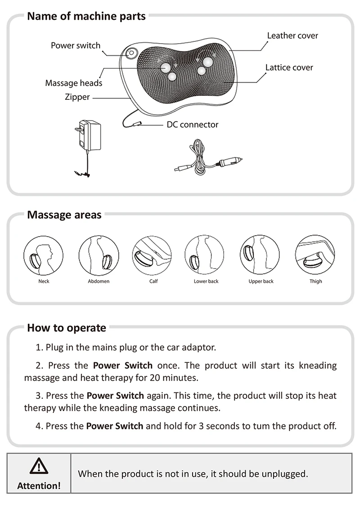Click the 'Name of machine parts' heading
click(86, 17)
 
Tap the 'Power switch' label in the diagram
click(76, 45)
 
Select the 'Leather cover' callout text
click(292, 36)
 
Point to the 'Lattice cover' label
click(289, 67)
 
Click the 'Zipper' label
click(77, 97)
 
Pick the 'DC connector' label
click(193, 125)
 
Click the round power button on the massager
click(131, 53)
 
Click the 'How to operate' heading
click(67, 328)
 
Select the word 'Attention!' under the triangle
click(39, 486)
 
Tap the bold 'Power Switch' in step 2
click(123, 366)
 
